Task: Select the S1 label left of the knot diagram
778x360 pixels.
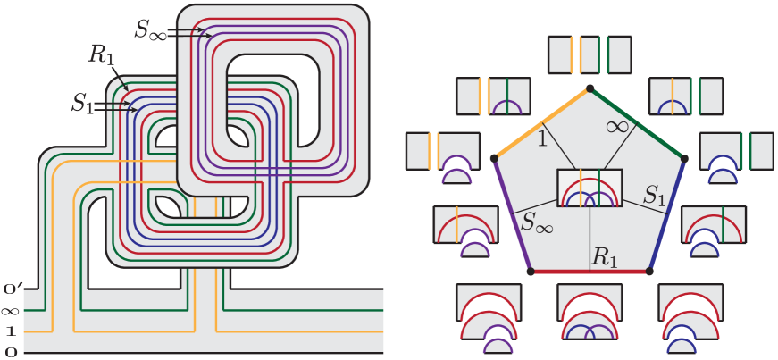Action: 83,102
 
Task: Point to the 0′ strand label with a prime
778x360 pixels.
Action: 13,289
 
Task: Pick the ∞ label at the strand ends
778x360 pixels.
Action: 12,311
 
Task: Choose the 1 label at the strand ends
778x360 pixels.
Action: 11,331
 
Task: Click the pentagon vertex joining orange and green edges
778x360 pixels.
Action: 589,88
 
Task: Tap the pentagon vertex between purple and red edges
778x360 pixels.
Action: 529,270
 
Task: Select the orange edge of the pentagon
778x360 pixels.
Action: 540,123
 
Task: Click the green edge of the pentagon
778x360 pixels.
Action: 637,123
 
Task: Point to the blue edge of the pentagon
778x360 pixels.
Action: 667,214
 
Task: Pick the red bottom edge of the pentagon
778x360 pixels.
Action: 590,271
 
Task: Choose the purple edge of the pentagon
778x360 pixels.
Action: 510,214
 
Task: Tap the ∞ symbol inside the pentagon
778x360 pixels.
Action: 616,127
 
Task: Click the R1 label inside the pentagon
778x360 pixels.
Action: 605,257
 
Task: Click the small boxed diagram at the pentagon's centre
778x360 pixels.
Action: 589,188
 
